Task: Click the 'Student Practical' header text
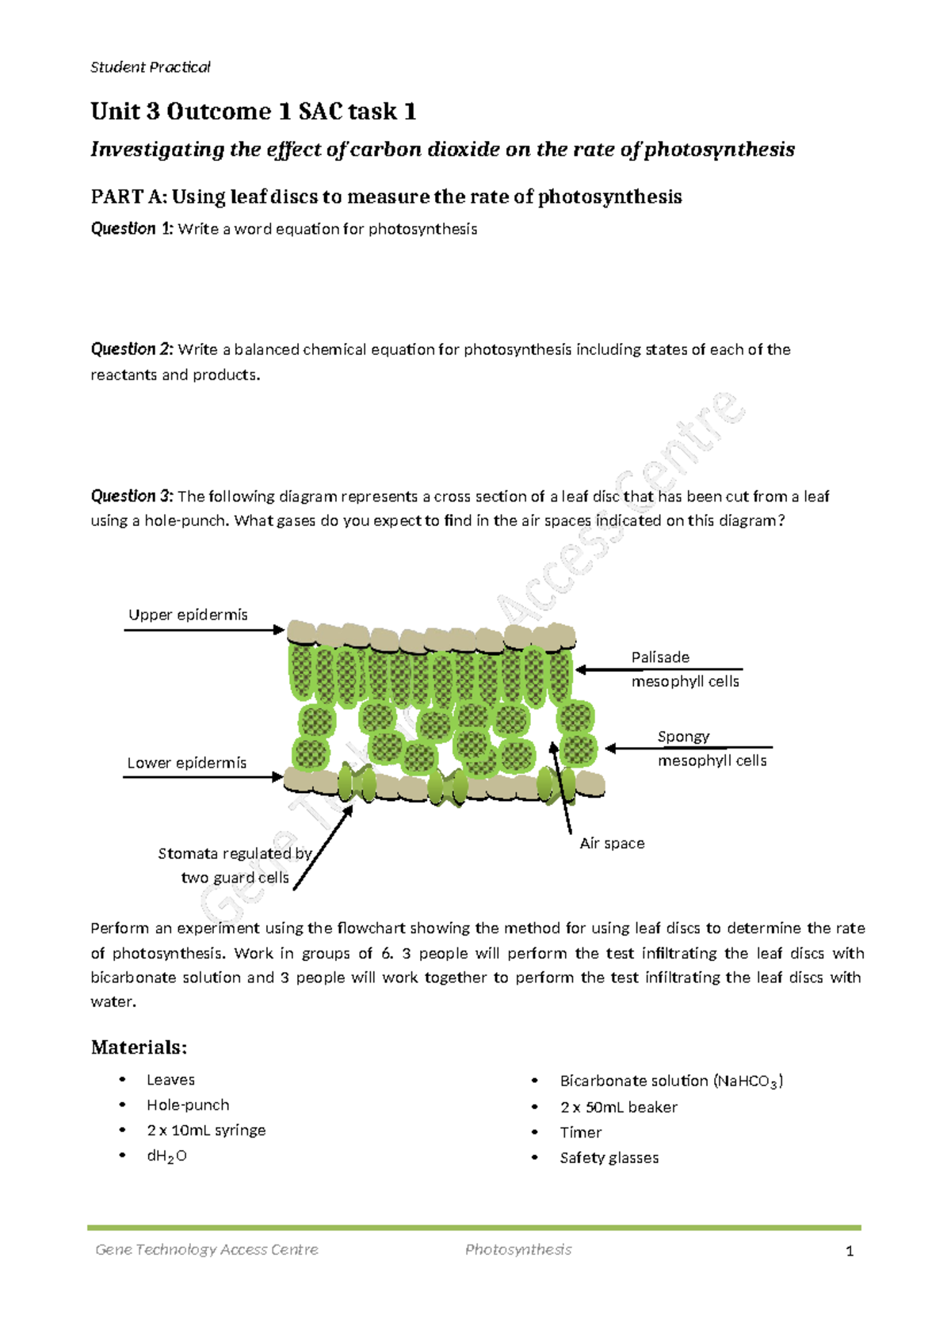point(150,67)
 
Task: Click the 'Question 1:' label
point(132,229)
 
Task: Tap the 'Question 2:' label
point(132,349)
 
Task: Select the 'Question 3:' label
point(132,497)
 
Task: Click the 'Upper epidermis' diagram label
point(188,615)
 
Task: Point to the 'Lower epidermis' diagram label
point(186,763)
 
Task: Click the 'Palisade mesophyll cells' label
point(685,669)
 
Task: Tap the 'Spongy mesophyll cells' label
point(711,749)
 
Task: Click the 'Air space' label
point(612,844)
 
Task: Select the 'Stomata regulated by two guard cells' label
point(235,865)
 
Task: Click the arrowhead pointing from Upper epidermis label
point(278,630)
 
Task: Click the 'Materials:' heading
point(139,1047)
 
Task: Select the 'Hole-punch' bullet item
point(188,1105)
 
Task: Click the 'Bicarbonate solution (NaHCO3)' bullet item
point(670,1081)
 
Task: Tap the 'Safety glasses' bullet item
point(609,1158)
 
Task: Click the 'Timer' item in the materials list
point(580,1133)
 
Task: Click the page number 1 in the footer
point(850,1252)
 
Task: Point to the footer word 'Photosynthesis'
point(518,1250)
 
